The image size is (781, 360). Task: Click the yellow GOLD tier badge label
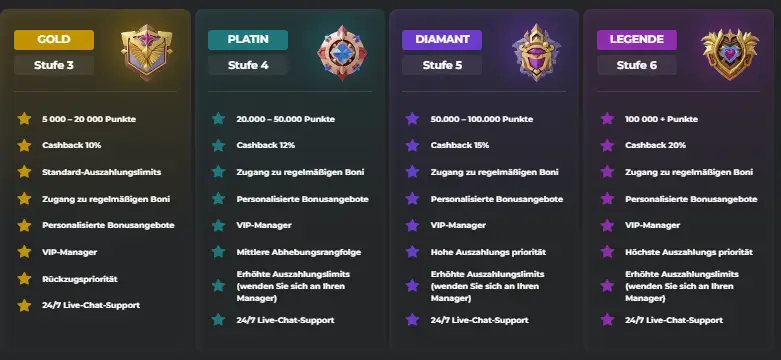coord(54,40)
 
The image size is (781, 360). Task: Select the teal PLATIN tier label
coord(247,40)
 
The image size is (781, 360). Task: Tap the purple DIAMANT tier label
coord(441,40)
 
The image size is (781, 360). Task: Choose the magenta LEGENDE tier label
coord(636,40)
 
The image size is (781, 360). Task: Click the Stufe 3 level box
coord(54,66)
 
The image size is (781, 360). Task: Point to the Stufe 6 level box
coord(636,66)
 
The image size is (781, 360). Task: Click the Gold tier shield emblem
coord(146,53)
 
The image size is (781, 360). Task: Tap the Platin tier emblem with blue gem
coord(339,53)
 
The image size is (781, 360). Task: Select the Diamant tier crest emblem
coord(534,53)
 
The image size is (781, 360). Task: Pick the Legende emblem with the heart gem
coord(729,53)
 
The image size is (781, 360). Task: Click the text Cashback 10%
coord(72,145)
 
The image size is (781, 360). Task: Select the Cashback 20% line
coord(655,145)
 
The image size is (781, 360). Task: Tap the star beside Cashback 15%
coord(411,145)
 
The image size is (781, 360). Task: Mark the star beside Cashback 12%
coord(217,145)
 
